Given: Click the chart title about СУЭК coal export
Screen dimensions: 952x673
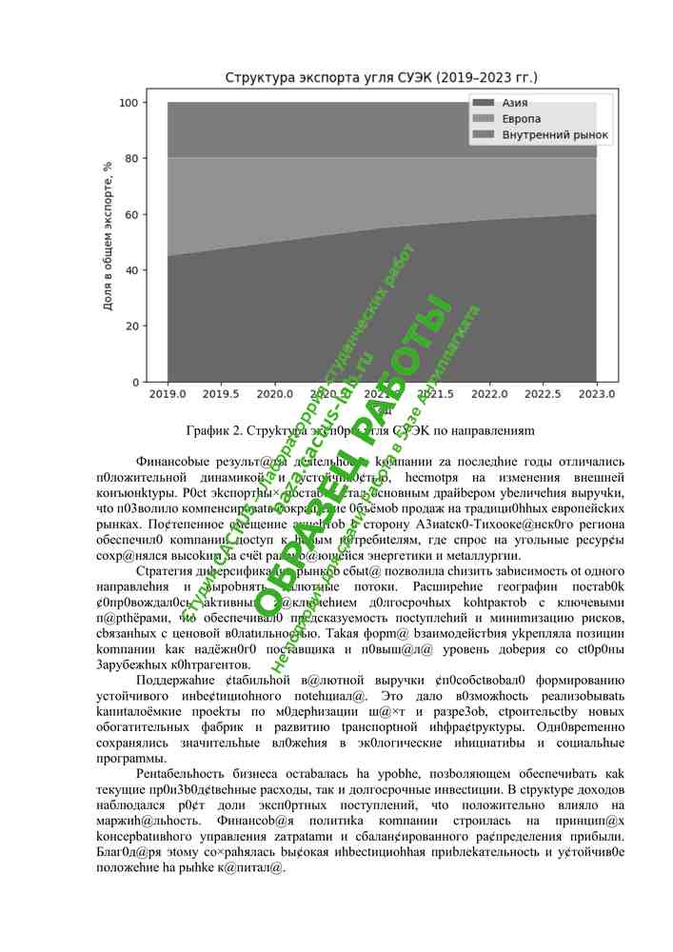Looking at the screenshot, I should tap(381, 76).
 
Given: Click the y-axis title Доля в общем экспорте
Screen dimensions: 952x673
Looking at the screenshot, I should tap(109, 238).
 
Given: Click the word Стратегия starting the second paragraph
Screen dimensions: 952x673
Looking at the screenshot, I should tap(165, 570).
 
